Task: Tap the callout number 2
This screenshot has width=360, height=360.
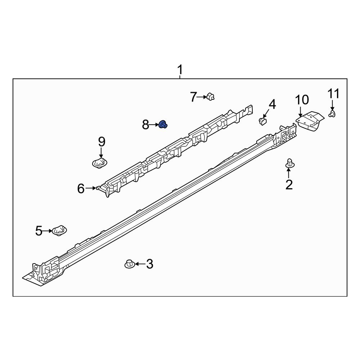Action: tap(289, 185)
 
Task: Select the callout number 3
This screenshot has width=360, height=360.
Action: tap(149, 264)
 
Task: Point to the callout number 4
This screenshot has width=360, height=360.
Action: tap(272, 104)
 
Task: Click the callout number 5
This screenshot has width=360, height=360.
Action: tap(39, 231)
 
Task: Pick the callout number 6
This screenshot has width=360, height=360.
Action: tap(81, 188)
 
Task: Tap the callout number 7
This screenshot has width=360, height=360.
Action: tap(194, 97)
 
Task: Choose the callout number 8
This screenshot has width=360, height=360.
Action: tap(145, 125)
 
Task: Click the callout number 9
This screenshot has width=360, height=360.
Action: tap(101, 141)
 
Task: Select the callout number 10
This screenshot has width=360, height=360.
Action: tap(302, 100)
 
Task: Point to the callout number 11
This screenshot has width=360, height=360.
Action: tap(333, 94)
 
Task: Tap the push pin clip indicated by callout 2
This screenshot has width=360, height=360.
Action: tap(289, 163)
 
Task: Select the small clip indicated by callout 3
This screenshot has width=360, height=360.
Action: tap(129, 264)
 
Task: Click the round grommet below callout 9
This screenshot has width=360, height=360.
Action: tap(100, 162)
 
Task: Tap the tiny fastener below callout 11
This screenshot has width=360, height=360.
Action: tap(332, 114)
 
